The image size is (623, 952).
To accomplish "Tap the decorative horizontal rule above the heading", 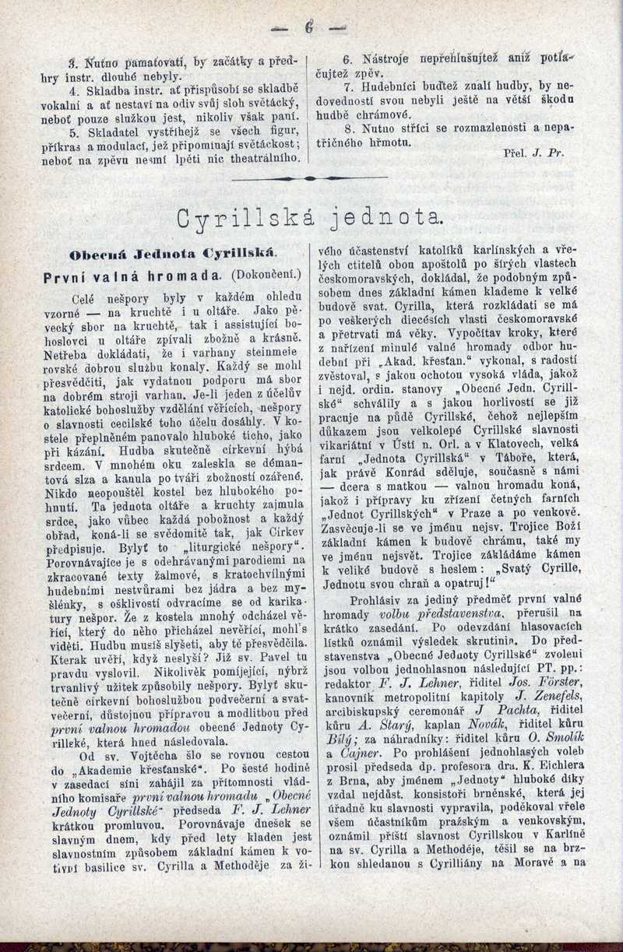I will tap(311, 178).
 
